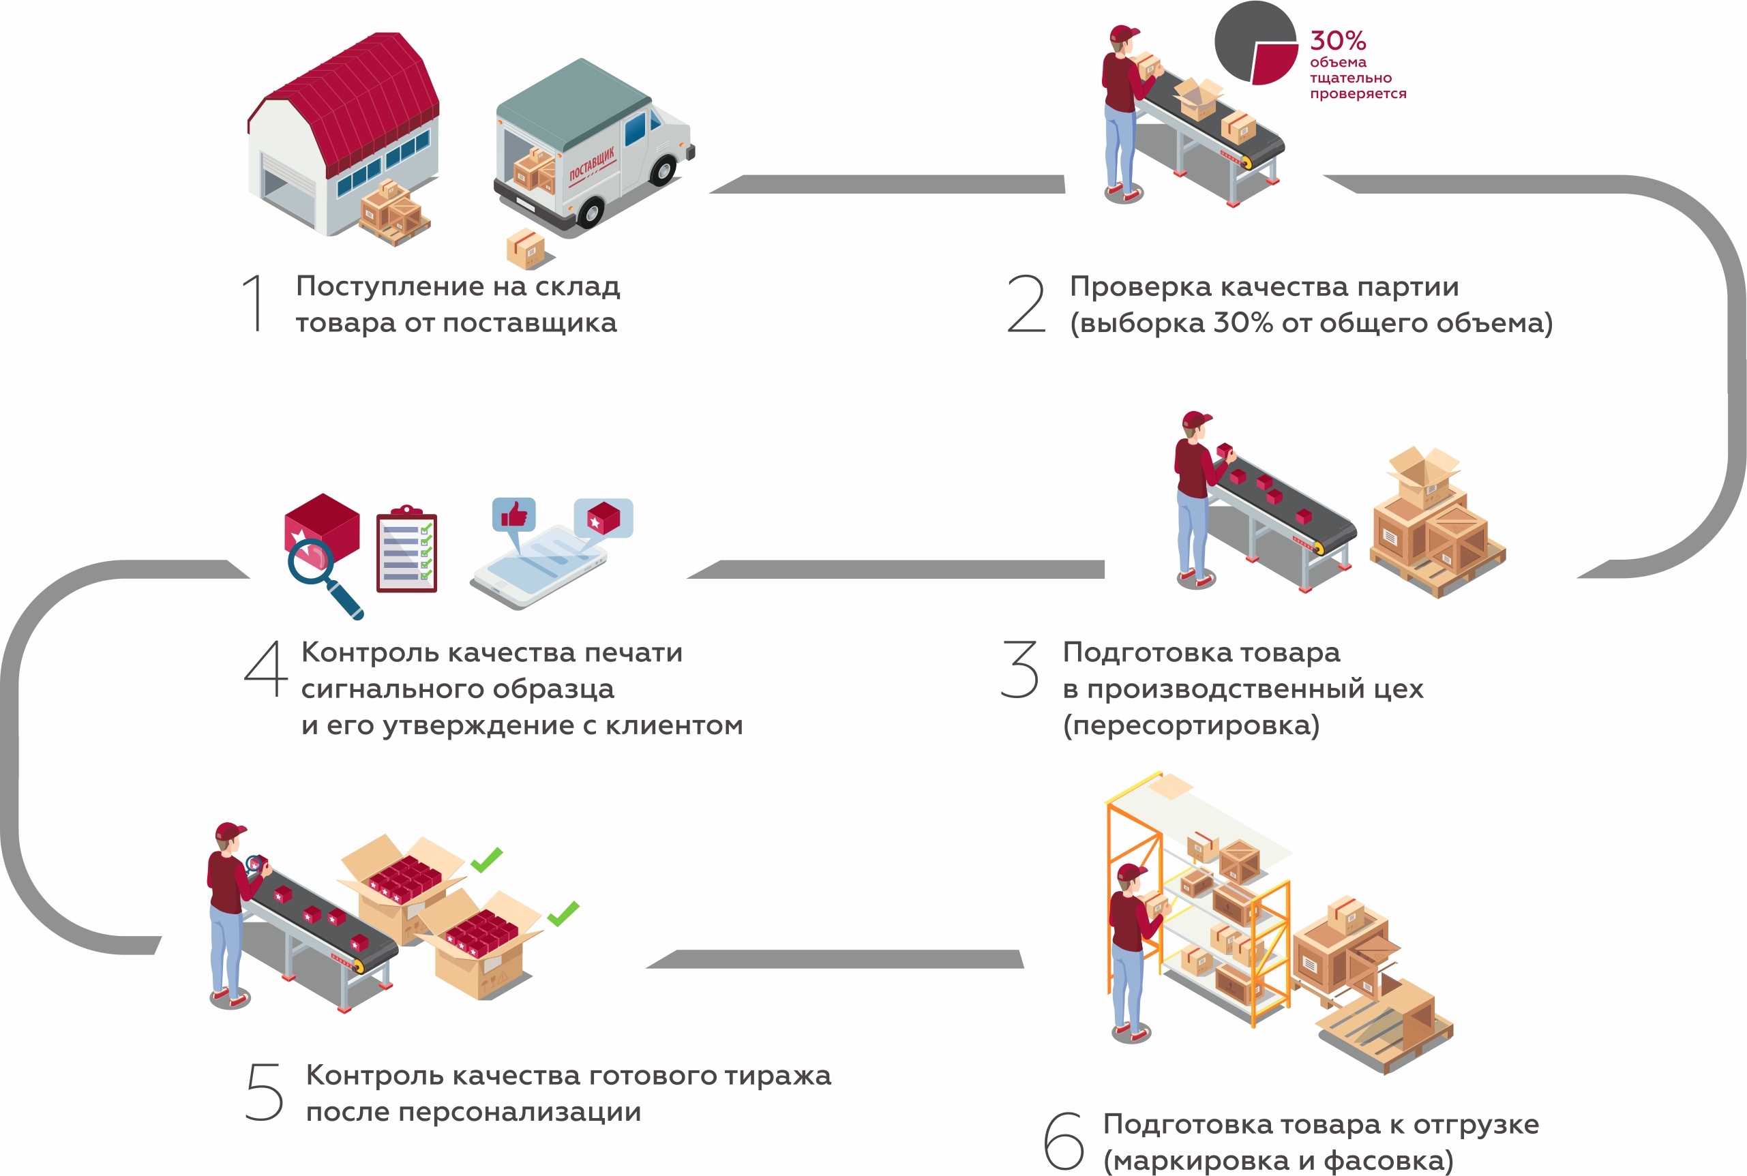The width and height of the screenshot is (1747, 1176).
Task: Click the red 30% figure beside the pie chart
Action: coord(1337,40)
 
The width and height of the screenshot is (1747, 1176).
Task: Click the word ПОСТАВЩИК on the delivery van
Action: coord(592,164)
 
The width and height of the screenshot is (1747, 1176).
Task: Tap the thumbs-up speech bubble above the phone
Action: coord(514,516)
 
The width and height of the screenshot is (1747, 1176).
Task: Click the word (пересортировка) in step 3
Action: coord(1191,725)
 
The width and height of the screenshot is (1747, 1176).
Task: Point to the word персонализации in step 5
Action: coord(519,1111)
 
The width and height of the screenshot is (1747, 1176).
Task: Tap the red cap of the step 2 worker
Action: coord(1123,34)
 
